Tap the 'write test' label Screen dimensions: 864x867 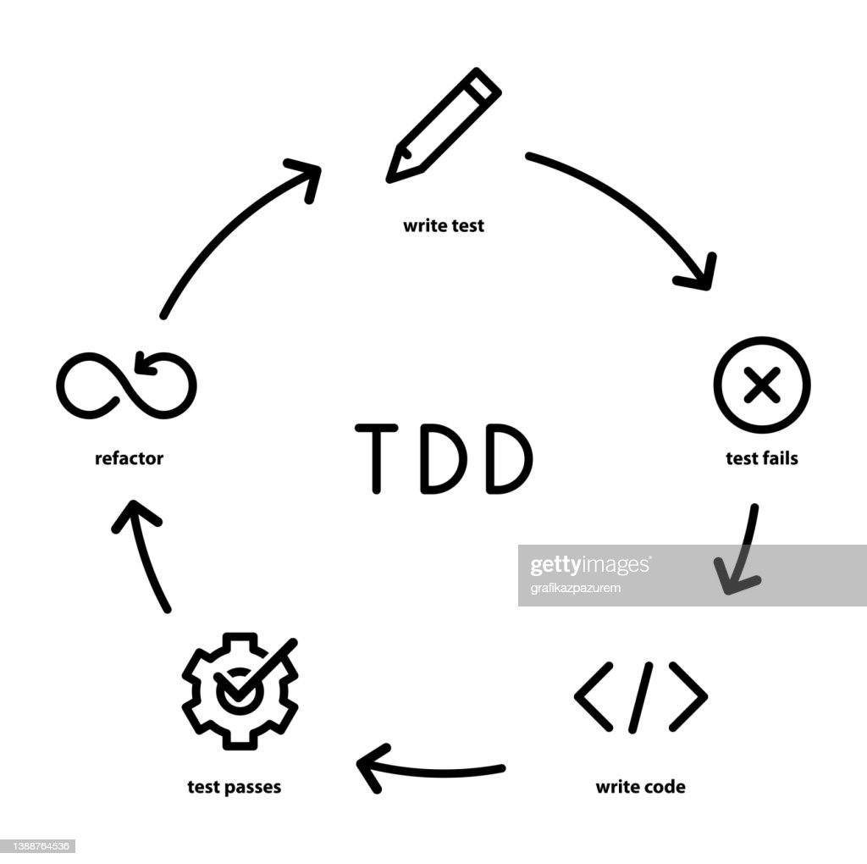[x=444, y=226]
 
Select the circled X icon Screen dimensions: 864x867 [x=762, y=385]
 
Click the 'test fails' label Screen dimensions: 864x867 [x=762, y=458]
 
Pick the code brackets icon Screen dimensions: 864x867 [x=641, y=696]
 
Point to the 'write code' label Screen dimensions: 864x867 [x=640, y=787]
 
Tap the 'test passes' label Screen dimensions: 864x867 [x=234, y=787]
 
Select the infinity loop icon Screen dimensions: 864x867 [x=127, y=386]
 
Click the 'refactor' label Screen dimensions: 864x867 [x=129, y=458]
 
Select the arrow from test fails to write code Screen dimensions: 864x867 [x=740, y=551]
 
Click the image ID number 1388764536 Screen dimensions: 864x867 [x=39, y=845]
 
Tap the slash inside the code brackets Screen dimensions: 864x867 [x=642, y=696]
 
